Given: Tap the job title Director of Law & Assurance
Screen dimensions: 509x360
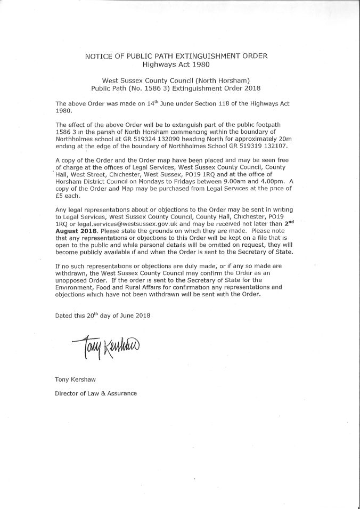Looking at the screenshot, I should click(x=96, y=393).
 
